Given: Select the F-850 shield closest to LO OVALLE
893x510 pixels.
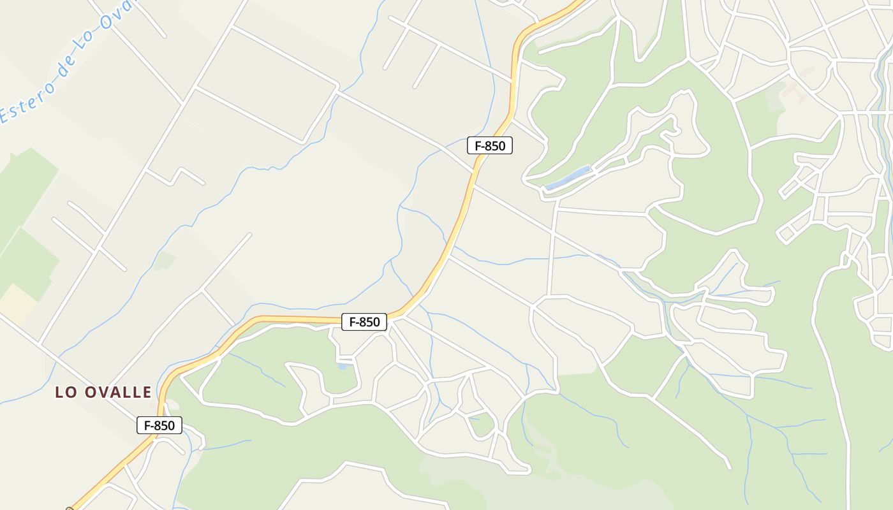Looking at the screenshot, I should (x=159, y=425).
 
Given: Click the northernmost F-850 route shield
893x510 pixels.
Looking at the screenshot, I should (x=490, y=145).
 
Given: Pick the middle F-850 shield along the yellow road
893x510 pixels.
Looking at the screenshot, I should (x=364, y=322).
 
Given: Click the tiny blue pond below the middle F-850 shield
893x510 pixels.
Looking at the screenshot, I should (x=343, y=367).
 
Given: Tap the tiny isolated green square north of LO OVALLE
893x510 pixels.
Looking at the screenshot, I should (x=165, y=260).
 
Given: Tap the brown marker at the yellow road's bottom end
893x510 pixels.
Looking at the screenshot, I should (x=70, y=509).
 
